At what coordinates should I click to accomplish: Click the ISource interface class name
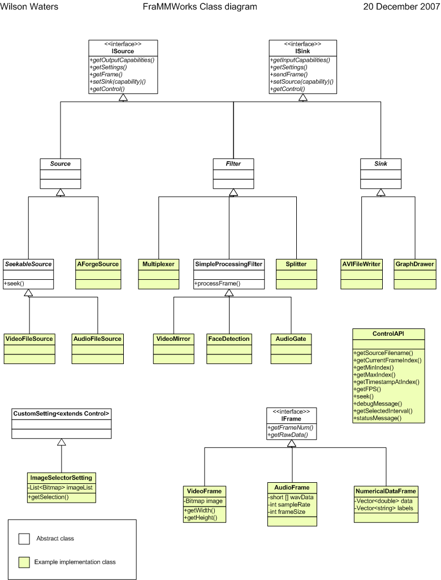point(123,51)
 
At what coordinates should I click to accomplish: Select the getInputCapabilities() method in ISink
point(299,59)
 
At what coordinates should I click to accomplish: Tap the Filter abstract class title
point(233,164)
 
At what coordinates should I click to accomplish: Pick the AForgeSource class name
point(98,264)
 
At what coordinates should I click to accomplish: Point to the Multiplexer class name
point(158,264)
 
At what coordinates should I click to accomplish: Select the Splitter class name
point(296,264)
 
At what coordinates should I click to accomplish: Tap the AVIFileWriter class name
point(362,264)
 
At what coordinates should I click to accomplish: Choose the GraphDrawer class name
point(414,264)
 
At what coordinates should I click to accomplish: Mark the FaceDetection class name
point(228,339)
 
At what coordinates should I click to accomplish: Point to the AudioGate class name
point(291,339)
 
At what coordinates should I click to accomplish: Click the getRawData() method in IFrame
point(289,435)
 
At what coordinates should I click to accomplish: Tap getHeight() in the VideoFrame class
point(202,517)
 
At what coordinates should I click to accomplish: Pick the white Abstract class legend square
point(24,539)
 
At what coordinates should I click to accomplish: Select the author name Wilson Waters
point(29,7)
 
